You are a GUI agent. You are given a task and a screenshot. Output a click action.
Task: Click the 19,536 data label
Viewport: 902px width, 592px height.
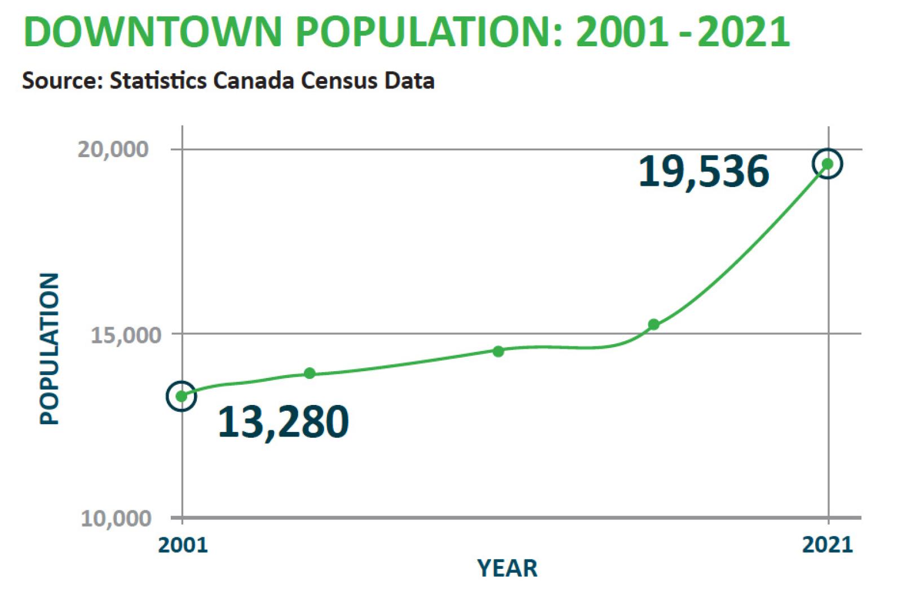pyautogui.click(x=704, y=171)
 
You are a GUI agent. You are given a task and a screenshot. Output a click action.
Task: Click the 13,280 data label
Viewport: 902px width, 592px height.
pyautogui.click(x=283, y=422)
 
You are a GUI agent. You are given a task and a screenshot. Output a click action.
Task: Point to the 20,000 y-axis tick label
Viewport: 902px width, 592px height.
pyautogui.click(x=113, y=149)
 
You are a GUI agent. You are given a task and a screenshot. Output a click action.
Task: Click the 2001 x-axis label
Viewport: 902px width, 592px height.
pyautogui.click(x=183, y=545)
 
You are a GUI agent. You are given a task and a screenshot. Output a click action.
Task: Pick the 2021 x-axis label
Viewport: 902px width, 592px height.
pyautogui.click(x=828, y=545)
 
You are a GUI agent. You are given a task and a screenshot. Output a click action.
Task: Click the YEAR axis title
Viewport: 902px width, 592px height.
pyautogui.click(x=507, y=568)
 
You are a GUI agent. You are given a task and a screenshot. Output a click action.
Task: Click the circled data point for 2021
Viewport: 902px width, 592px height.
pyautogui.click(x=827, y=164)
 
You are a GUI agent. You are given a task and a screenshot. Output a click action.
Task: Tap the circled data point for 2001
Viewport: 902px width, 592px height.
pyautogui.click(x=182, y=396)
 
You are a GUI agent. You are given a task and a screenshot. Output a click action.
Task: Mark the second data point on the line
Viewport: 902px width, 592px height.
pyautogui.click(x=309, y=373)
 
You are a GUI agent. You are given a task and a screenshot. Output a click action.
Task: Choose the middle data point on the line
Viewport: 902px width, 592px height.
pyautogui.click(x=498, y=351)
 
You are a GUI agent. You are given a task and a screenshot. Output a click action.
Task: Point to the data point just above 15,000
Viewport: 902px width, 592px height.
pyautogui.click(x=653, y=324)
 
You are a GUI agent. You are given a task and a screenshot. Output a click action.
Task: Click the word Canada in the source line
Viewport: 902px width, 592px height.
pyautogui.click(x=254, y=81)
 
